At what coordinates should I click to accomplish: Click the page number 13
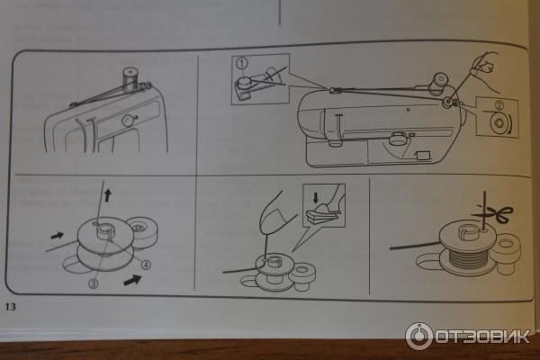10,306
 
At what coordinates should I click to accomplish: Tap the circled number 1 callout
242,63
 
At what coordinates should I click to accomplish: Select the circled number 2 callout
499,104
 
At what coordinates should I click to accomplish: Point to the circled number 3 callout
94,283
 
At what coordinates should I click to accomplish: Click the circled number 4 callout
146,265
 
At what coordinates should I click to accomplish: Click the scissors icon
497,214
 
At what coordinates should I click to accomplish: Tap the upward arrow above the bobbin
108,195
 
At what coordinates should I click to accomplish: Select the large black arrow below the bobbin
132,279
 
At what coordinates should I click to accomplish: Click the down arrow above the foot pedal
316,197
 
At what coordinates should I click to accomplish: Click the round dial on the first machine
128,121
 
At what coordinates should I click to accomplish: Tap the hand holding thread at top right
486,70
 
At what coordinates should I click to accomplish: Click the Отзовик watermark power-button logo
418,337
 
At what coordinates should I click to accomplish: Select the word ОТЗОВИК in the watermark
482,337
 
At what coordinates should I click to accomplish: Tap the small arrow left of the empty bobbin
58,236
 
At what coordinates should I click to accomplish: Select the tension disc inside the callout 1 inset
244,82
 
